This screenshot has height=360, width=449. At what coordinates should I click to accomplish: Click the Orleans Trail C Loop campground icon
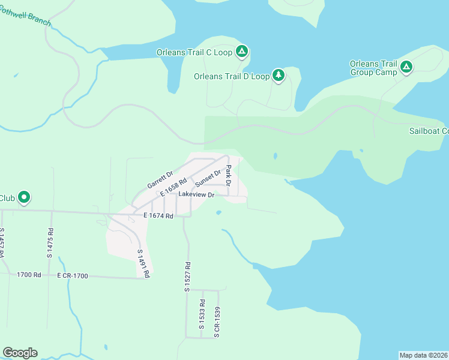[x=241, y=52]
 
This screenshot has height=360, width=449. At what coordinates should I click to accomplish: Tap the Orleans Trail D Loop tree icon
[x=278, y=76]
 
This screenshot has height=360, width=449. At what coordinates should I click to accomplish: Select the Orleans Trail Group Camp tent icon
[x=406, y=68]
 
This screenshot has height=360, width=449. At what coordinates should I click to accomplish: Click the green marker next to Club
[x=24, y=197]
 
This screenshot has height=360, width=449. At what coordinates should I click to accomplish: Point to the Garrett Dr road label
[x=160, y=178]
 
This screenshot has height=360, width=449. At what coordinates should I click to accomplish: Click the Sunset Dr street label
[x=208, y=178]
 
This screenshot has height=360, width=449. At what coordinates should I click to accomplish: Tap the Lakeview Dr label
[x=196, y=195]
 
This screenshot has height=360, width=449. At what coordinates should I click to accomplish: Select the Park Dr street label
[x=228, y=175]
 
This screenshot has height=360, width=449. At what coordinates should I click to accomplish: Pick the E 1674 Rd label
[x=158, y=215]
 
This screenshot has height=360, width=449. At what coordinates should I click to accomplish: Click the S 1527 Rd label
[x=187, y=277]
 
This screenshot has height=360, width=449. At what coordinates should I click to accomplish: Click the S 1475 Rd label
[x=50, y=243]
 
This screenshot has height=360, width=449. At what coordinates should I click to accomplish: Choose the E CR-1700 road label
[x=73, y=276]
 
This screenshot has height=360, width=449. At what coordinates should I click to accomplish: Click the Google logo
[x=20, y=353]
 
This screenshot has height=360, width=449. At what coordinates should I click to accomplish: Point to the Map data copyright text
[x=423, y=355]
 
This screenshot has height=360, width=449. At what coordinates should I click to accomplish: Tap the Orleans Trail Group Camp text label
[x=373, y=68]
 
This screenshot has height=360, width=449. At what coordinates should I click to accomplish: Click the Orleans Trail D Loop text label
[x=232, y=76]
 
